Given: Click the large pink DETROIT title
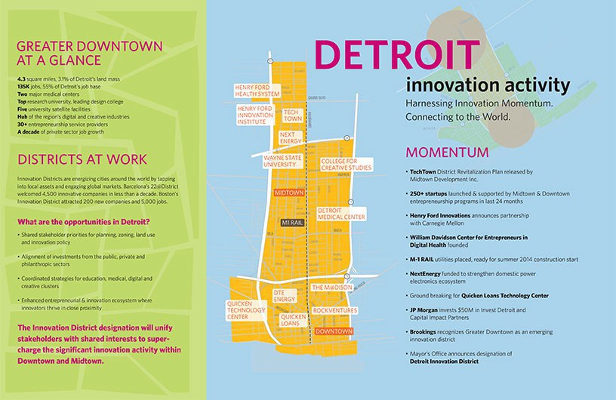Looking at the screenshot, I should tap(396, 54).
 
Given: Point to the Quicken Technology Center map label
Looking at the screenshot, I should tap(243, 310).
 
